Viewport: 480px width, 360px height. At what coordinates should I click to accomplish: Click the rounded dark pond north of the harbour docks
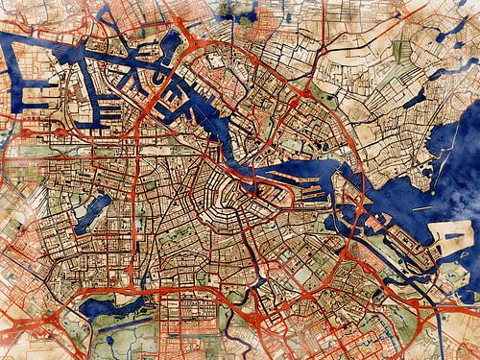coord(171,43)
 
